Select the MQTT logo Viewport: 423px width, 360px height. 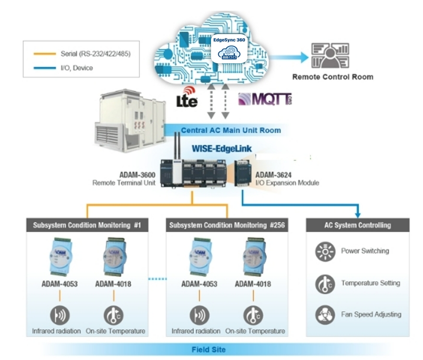(265, 99)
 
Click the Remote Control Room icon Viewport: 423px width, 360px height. (330, 56)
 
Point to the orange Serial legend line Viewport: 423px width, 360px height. (45, 54)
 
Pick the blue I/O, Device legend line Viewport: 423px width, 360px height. (45, 68)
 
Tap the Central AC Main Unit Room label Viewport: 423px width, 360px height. (231, 130)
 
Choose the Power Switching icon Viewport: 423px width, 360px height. (325, 251)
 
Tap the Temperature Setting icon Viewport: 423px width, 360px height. (325, 284)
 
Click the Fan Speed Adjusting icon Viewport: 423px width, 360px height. (325, 315)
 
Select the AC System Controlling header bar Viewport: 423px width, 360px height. (358, 225)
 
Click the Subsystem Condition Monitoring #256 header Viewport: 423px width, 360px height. (227, 225)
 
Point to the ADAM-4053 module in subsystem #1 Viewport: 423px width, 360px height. (59, 257)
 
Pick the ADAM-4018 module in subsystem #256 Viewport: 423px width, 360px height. (253, 257)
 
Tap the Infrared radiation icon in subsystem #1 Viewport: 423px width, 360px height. (60, 315)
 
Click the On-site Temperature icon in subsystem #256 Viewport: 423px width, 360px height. (253, 315)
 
